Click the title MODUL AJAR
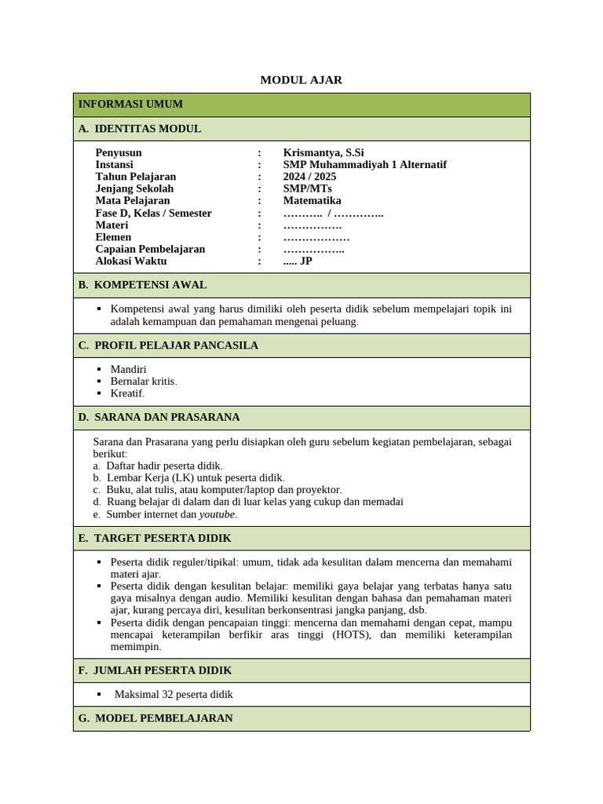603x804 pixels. [301, 80]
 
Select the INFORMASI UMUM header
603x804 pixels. [130, 104]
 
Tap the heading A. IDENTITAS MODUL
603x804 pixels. [139, 129]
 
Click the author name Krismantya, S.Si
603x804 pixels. [323, 152]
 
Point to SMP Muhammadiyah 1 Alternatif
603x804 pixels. [364, 165]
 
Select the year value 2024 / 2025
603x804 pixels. [309, 177]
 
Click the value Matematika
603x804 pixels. [312, 201]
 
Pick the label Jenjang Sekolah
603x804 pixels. [134, 188]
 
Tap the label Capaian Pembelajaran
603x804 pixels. [150, 249]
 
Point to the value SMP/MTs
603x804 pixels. [307, 188]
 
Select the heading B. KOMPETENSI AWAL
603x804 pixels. [142, 285]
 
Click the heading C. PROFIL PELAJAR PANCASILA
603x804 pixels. [168, 345]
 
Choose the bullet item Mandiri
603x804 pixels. [128, 369]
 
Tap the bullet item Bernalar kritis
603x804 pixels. [144, 382]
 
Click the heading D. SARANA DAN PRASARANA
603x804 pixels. [159, 417]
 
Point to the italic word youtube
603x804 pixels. [217, 514]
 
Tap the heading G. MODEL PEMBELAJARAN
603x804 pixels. [155, 718]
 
